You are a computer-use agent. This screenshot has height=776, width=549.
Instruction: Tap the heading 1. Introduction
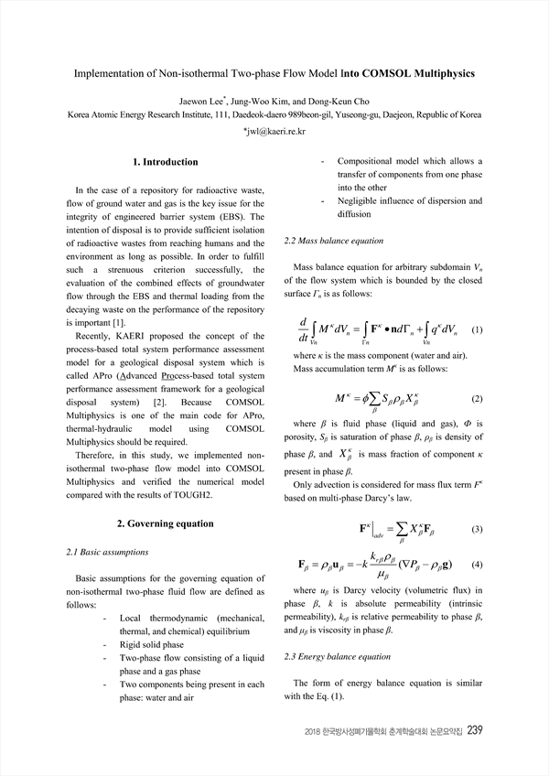click(x=166, y=162)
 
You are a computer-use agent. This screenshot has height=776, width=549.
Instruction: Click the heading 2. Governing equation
click(x=166, y=523)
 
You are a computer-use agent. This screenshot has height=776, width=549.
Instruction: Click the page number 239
click(x=474, y=730)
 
